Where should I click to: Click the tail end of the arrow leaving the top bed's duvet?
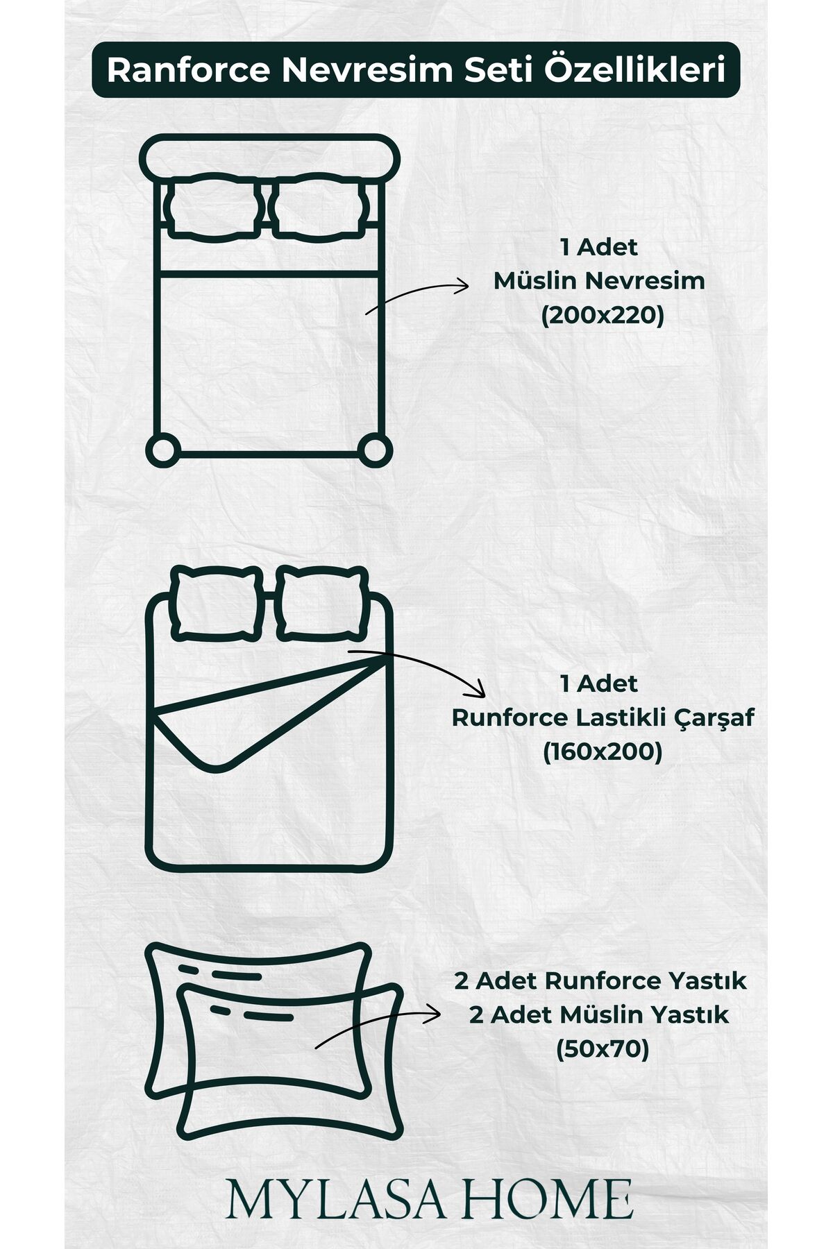tap(367, 314)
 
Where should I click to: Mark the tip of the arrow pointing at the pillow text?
tap(441, 1014)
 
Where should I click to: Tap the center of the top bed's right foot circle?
tap(376, 449)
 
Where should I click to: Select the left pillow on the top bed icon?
tap(213, 207)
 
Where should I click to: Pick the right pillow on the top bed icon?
tap(319, 207)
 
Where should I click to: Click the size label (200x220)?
tap(603, 316)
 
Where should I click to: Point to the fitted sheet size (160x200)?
tap(603, 751)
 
